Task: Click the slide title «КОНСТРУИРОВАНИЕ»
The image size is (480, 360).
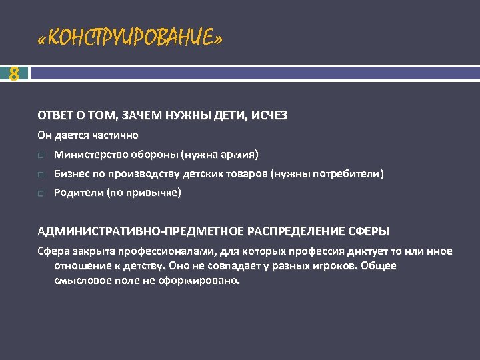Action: point(130,39)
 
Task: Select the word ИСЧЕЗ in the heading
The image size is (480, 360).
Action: point(269,115)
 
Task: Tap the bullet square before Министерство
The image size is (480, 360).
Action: point(41,155)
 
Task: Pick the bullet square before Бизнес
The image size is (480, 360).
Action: point(41,175)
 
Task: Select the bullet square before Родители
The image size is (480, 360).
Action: point(41,194)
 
